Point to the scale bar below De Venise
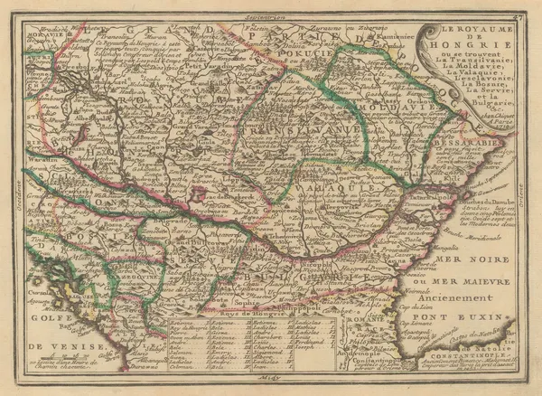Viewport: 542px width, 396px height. pyautogui.click(x=54, y=358)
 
